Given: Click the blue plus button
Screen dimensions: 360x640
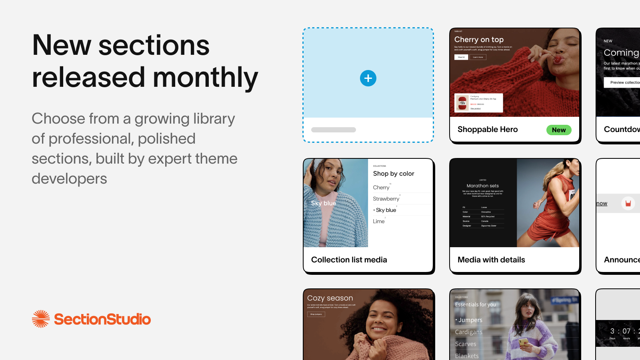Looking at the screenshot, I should tap(368, 78).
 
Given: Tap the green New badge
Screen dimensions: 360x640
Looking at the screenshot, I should tap(559, 130).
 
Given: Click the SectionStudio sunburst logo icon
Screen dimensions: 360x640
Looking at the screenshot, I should tap(41, 319).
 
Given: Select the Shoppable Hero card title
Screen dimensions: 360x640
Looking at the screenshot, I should tap(488, 129).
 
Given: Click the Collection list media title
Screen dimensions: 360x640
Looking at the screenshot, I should tap(349, 260).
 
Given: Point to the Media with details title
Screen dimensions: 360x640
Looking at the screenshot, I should tap(491, 260).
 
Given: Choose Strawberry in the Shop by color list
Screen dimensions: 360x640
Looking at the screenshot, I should tap(386, 199).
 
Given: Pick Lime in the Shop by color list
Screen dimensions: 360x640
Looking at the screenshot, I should tap(379, 221).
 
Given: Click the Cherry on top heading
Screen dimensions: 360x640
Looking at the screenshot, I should tap(479, 40).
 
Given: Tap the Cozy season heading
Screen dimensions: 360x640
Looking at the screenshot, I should tap(330, 298).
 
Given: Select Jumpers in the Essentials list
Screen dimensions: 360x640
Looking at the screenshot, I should tap(470, 320).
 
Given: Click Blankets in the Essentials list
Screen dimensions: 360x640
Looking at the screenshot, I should tap(467, 356).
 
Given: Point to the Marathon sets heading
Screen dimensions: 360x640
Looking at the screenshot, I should tap(482, 186).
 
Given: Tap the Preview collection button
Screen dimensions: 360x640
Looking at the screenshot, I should tap(624, 82).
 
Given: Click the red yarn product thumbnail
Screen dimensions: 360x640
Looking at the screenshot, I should tap(462, 103).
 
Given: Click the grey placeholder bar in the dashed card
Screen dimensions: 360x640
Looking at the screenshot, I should tap(334, 130).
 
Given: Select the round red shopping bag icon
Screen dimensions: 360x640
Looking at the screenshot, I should tap(628, 203).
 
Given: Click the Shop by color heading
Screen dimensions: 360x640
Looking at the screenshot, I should tap(394, 174).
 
